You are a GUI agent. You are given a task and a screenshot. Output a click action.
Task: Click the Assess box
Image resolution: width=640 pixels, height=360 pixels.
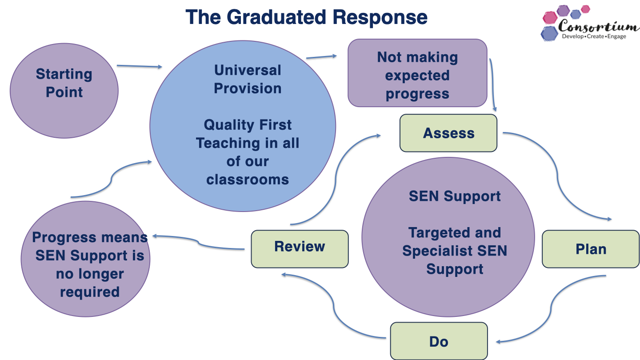448,133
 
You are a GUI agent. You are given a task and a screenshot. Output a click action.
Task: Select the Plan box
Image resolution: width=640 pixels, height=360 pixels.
591,249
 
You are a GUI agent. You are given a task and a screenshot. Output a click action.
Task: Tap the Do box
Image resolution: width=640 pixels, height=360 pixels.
439,341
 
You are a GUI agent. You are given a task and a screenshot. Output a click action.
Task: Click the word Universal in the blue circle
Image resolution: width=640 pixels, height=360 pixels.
248,70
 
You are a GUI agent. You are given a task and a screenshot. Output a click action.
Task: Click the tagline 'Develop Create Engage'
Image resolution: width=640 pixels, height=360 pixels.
594,36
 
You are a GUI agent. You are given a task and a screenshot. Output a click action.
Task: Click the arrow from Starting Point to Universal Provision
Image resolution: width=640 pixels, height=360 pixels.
139,66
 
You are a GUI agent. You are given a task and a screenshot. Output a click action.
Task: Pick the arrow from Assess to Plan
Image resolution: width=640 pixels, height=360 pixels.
556,173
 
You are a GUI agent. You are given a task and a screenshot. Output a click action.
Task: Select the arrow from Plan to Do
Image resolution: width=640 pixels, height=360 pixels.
551,311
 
